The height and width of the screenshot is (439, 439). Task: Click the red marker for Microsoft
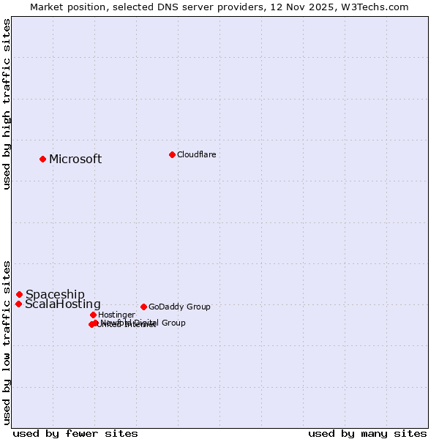[42, 159]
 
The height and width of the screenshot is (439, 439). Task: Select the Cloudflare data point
[172, 154]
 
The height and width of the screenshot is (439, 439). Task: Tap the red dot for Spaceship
[19, 294]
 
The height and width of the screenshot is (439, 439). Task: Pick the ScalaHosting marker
[18, 304]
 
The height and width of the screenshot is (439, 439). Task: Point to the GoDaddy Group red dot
[143, 307]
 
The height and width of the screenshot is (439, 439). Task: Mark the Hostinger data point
[93, 315]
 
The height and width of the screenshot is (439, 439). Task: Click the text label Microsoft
[75, 160]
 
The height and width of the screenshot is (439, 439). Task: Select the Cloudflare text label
[196, 154]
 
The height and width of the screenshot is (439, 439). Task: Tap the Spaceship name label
[55, 295]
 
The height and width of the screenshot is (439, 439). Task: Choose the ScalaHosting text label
[63, 304]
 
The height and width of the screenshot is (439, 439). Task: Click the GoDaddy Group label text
[179, 307]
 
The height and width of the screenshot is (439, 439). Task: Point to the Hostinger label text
[116, 315]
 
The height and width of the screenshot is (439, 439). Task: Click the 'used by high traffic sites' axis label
[7, 104]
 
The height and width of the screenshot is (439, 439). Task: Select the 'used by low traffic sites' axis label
[7, 342]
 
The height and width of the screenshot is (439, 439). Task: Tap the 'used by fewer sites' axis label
[75, 434]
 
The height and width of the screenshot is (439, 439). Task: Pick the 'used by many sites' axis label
[367, 434]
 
